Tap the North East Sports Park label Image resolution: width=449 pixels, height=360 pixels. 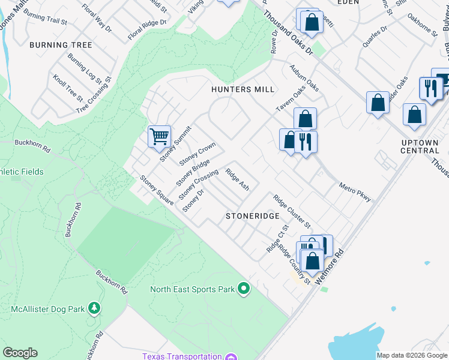point(192,289)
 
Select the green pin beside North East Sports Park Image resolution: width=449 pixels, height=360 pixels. point(243,289)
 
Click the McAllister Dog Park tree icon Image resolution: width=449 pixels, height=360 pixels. point(94,308)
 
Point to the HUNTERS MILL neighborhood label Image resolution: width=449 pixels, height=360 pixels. point(243,89)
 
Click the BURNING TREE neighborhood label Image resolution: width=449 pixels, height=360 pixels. point(61,45)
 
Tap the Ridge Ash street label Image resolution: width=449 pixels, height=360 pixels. point(237,179)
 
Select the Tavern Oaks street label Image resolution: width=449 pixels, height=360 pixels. point(291,96)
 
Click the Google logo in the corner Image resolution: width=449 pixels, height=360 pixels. point(20,353)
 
